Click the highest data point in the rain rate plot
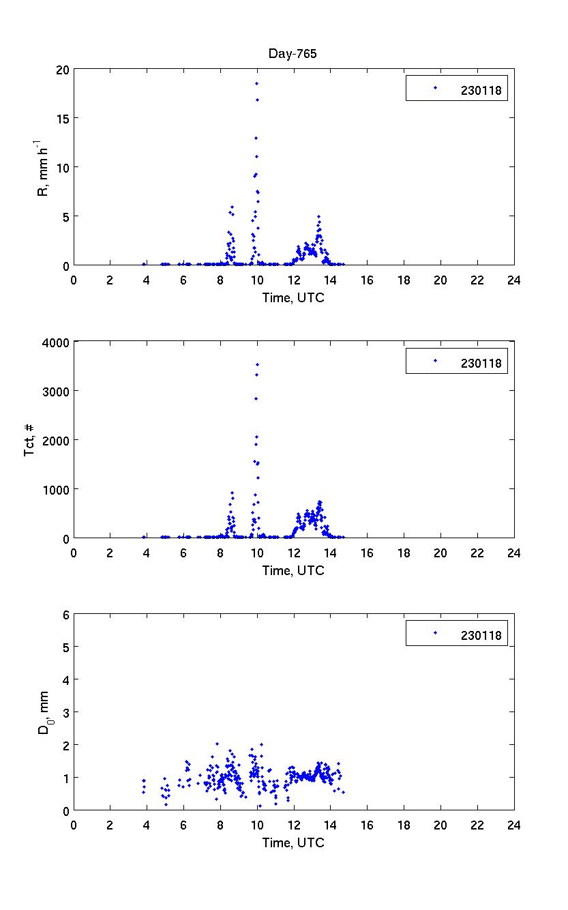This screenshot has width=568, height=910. tap(256, 83)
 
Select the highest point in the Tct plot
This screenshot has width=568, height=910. tap(257, 364)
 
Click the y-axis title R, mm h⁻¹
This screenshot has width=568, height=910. tap(42, 167)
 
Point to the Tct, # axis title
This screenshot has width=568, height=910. tap(29, 440)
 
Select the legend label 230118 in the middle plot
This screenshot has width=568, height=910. tap(481, 363)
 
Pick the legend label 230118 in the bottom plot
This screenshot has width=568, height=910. tap(481, 635)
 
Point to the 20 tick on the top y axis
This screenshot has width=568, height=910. tap(63, 70)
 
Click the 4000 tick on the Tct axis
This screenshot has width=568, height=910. tap(57, 342)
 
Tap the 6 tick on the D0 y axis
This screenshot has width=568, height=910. tap(66, 615)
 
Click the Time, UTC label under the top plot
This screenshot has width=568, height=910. tap(294, 297)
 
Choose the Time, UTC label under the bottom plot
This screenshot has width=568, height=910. tap(294, 842)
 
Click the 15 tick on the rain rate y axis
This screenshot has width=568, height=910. tap(63, 119)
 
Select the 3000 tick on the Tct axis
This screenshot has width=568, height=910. tap(57, 391)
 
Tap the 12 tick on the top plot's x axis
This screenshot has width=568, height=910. tap(294, 280)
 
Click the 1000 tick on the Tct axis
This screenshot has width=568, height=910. tap(57, 489)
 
